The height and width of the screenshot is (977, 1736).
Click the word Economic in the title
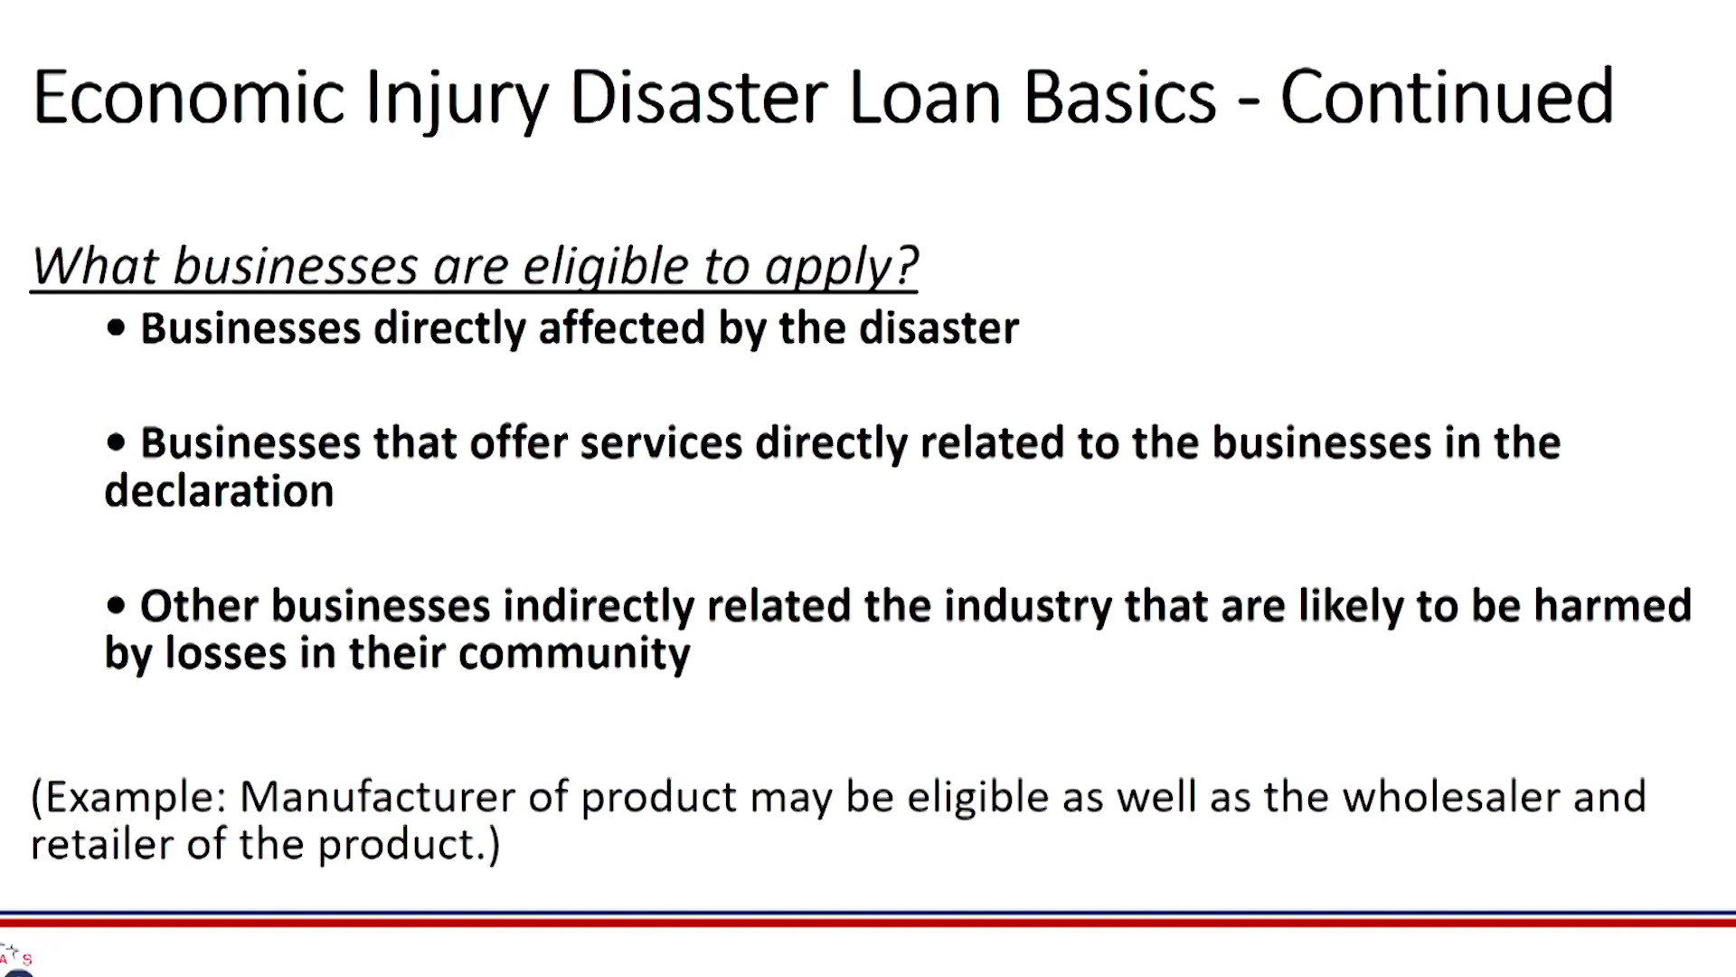coord(189,97)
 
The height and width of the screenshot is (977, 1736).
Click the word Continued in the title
coord(1447,97)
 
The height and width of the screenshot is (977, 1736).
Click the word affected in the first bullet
coord(622,327)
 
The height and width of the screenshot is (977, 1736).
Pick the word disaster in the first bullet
coord(939,327)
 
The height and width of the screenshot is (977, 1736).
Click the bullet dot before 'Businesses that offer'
coord(116,442)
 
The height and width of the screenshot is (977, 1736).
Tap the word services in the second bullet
coord(662,442)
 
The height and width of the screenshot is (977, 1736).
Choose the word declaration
coord(219,490)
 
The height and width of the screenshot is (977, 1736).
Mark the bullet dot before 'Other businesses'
coord(116,605)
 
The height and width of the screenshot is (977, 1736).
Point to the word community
coord(574,653)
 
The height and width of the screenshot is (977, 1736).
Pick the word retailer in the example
coord(101,845)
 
